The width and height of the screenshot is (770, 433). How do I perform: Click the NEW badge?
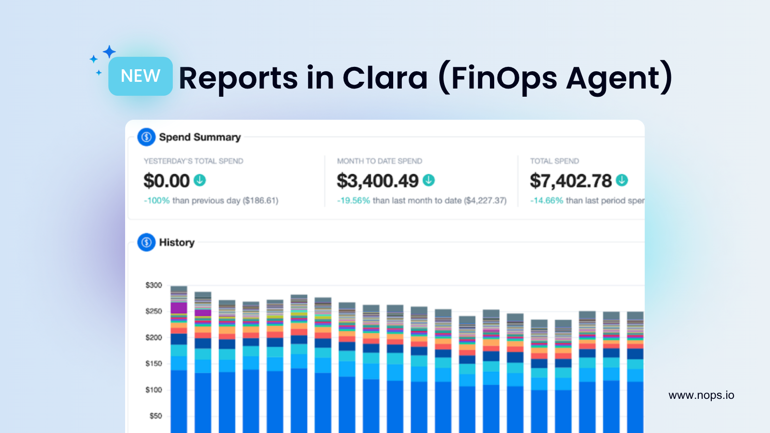point(140,76)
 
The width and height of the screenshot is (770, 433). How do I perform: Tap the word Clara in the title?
point(385,78)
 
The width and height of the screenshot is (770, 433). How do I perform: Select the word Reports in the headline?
point(238,78)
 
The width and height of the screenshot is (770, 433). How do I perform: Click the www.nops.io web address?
point(701,395)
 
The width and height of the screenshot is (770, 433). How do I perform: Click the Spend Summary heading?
point(200,137)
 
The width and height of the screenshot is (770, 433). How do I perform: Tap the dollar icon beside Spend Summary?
point(146,137)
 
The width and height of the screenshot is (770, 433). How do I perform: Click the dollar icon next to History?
point(146,242)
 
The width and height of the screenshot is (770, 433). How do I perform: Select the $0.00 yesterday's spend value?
point(167,181)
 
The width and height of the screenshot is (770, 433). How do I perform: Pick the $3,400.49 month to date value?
point(378,181)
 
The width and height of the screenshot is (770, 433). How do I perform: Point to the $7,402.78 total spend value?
point(571,181)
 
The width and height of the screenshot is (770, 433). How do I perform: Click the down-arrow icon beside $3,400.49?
point(429,180)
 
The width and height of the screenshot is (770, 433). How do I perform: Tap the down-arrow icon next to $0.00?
point(200,180)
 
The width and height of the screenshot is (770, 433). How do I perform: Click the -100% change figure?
point(157,201)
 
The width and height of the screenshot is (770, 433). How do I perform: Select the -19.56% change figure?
point(354,201)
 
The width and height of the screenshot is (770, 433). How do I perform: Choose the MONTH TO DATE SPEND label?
point(380,161)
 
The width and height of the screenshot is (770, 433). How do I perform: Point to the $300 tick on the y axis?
point(154,285)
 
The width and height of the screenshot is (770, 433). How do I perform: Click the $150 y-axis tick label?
point(154,364)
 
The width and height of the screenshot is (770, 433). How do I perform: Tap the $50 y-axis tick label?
point(155,416)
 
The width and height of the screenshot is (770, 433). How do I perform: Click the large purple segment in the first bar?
point(179,308)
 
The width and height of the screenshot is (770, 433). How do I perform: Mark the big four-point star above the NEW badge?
point(110,51)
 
